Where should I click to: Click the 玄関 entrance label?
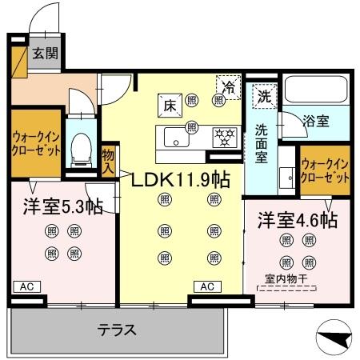pos(43,54)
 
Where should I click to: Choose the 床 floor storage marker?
pos(170,103)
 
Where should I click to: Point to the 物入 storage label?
pos(109,159)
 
